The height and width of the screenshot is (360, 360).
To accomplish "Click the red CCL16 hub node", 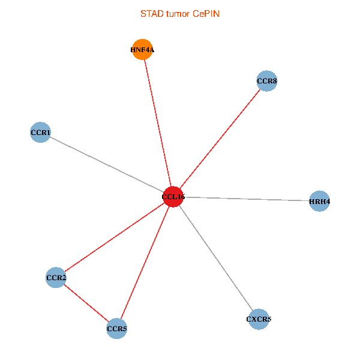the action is coord(173,197).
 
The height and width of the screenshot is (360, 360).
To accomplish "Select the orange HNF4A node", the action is coord(142,50).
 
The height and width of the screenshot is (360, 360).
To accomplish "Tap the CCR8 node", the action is coord(266,80).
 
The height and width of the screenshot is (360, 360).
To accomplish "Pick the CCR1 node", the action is coord(40,132).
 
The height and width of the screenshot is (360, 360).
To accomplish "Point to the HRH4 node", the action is coord(319,202).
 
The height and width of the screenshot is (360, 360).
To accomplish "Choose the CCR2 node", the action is coord(56,278).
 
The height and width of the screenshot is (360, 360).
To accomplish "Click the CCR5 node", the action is coord(116,329).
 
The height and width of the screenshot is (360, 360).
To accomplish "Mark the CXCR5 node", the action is coord(259,319).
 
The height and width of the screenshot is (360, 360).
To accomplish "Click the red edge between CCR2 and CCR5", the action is coord(86,303).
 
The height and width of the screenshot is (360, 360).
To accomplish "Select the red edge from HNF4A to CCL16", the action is coord(157,123).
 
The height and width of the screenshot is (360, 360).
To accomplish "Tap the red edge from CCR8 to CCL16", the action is coord(220,139).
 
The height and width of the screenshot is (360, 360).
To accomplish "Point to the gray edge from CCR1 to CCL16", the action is coord(106,164).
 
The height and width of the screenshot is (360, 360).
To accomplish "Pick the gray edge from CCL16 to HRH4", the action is coord(246,199).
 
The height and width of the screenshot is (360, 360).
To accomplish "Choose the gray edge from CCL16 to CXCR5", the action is coord(216,258).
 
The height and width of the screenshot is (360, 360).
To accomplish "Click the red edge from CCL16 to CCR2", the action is coord(114,238).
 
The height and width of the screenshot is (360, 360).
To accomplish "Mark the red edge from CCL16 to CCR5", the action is coord(145,263).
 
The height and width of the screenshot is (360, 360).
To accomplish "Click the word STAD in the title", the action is coord(151,13).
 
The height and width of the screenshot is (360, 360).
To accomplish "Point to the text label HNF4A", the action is coord(142,50).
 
